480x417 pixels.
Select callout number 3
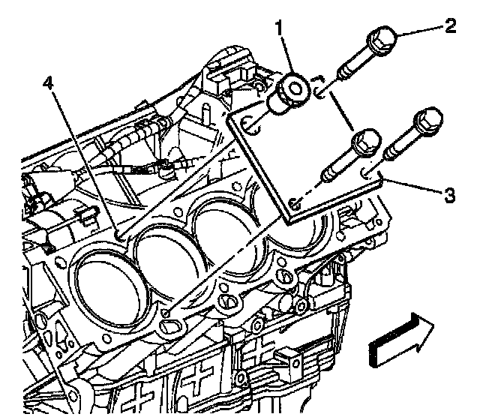tap(448, 196)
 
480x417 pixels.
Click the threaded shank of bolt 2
tap(352, 68)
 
